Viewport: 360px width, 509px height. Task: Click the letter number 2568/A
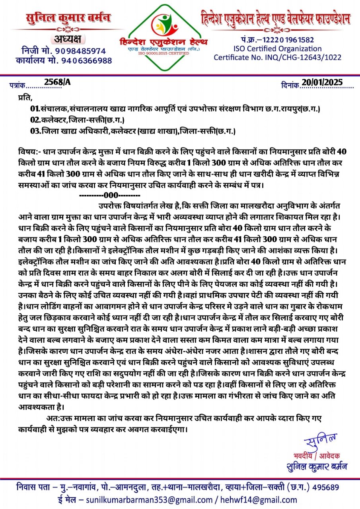click(x=57, y=82)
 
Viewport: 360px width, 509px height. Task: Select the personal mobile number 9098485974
click(x=80, y=51)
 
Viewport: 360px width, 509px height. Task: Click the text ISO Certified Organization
click(x=277, y=49)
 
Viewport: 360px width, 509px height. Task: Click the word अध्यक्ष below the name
click(x=66, y=39)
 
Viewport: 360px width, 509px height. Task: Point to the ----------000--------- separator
click(x=110, y=196)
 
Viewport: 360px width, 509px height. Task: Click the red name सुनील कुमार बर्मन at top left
click(x=68, y=18)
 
